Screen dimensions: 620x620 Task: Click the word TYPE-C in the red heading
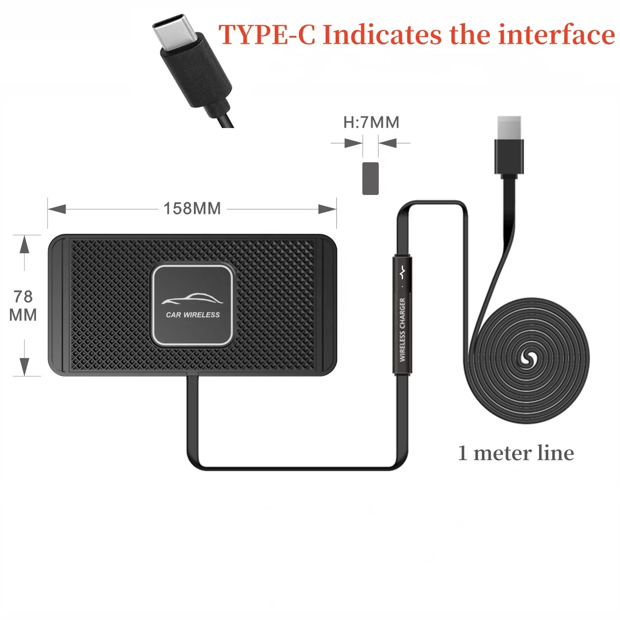(x=267, y=35)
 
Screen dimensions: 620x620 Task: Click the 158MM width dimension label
(x=192, y=209)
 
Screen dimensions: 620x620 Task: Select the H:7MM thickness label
(x=371, y=123)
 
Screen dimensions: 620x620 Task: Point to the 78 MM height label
(x=23, y=306)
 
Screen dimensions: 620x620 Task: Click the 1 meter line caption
(x=515, y=453)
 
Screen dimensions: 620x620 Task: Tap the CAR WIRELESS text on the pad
(x=193, y=315)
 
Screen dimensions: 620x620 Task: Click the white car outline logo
(x=192, y=299)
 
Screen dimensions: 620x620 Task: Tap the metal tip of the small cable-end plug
(x=509, y=128)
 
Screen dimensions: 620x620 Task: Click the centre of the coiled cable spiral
(x=527, y=359)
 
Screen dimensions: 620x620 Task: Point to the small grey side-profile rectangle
(x=370, y=178)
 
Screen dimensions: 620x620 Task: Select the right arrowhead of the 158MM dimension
(x=327, y=209)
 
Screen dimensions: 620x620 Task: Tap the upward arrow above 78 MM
(x=25, y=244)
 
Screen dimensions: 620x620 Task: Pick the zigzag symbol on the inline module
(x=402, y=273)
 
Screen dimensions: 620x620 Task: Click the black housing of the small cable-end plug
(x=509, y=156)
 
